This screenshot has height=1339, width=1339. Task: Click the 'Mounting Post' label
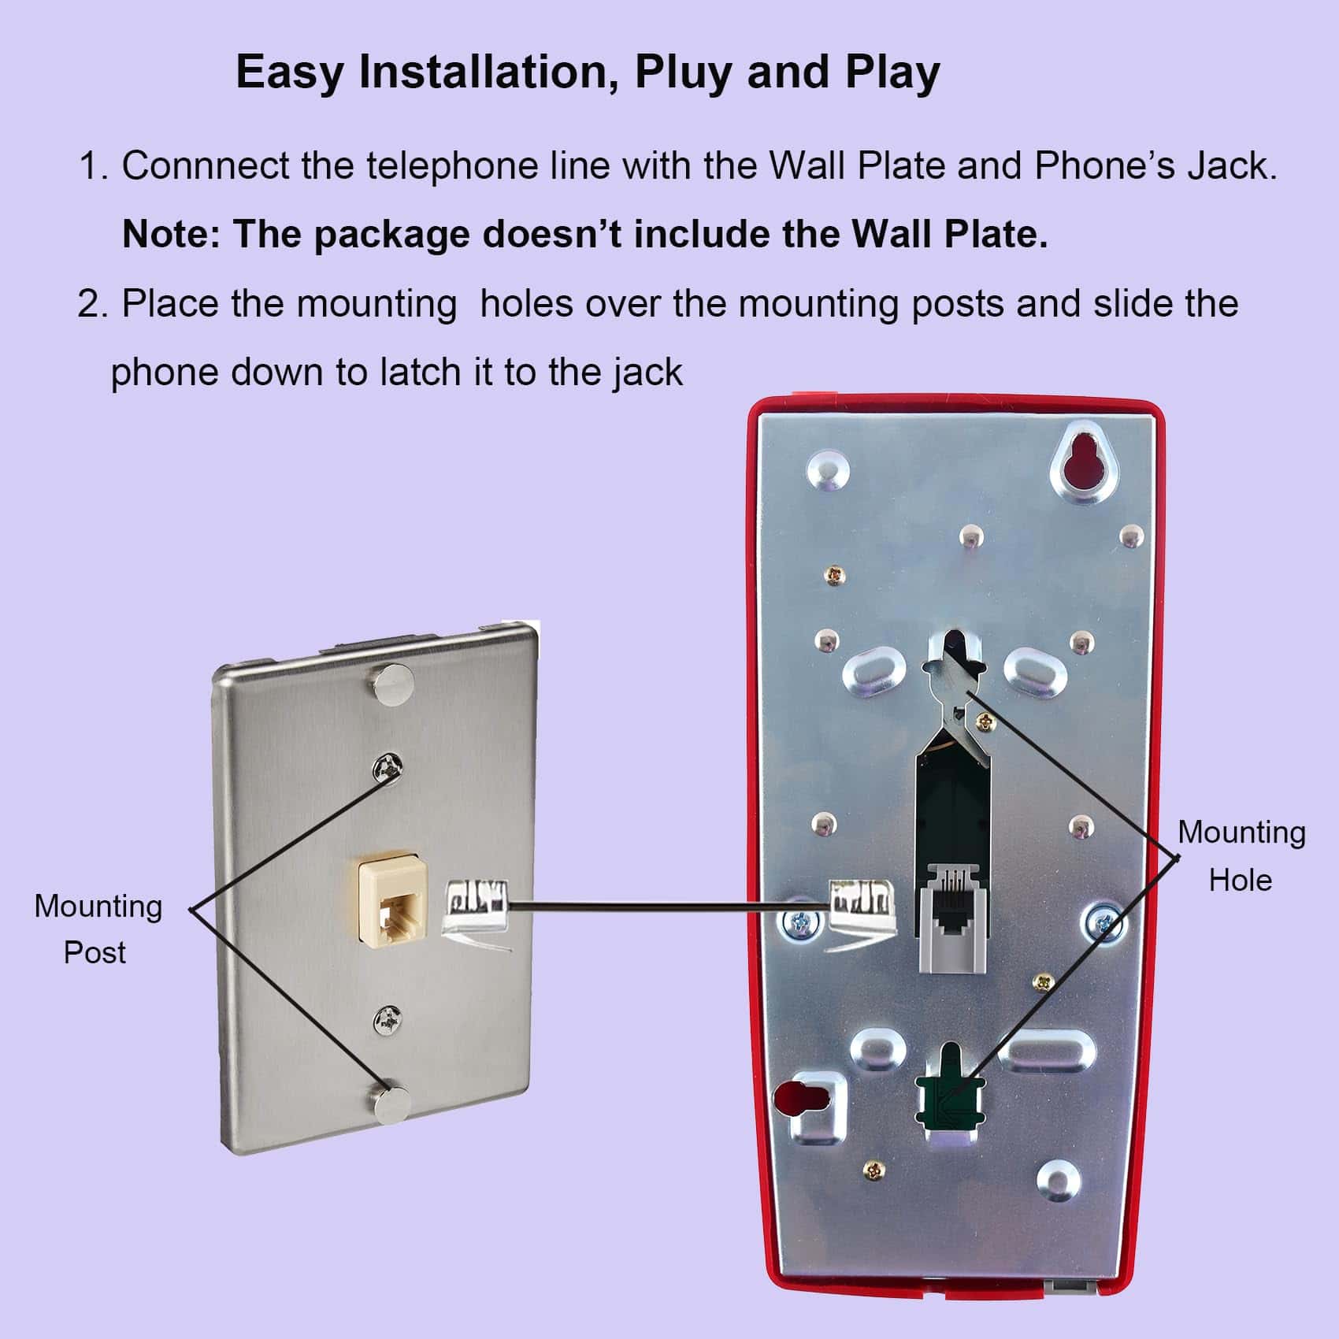pyautogui.click(x=97, y=929)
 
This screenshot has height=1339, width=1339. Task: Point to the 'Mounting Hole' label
pyautogui.click(x=1241, y=855)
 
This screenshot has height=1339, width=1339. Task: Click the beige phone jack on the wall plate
pyautogui.click(x=391, y=903)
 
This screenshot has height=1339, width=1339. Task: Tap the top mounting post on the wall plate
pyautogui.click(x=392, y=684)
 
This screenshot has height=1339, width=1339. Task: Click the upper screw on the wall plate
pyautogui.click(x=389, y=766)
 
